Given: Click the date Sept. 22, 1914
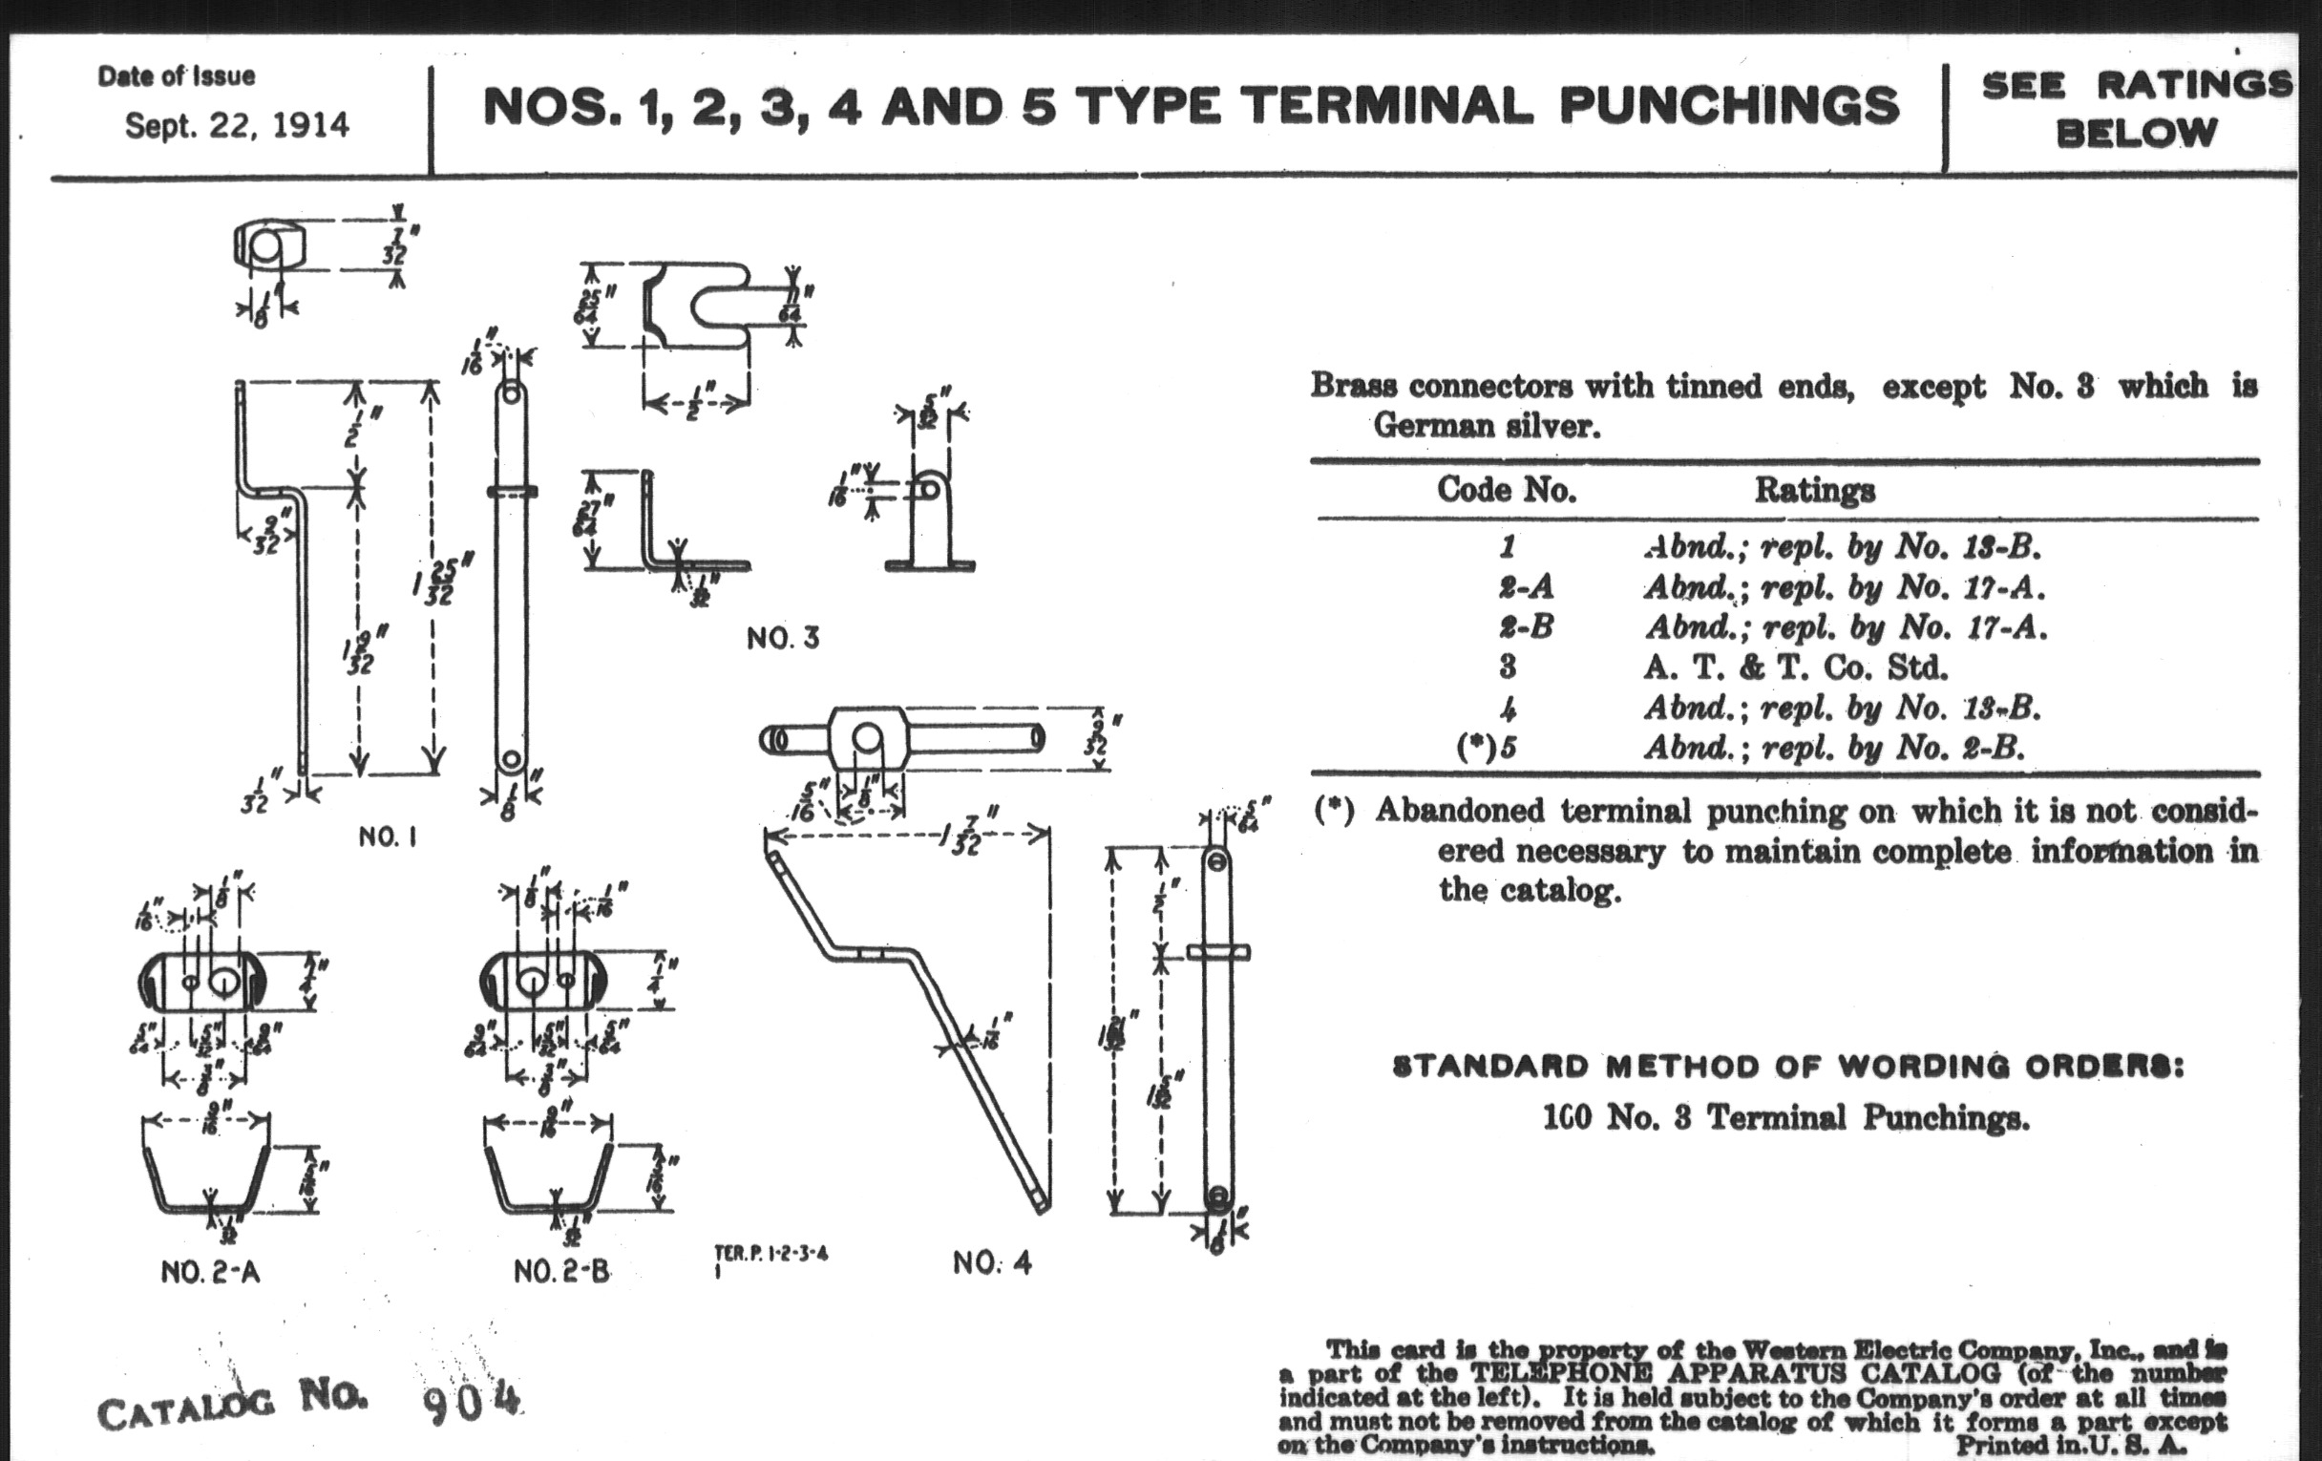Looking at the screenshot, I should pyautogui.click(x=237, y=126).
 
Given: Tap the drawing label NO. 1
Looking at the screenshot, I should pyautogui.click(x=388, y=836).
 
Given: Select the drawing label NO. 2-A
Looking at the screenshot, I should pyautogui.click(x=210, y=1272).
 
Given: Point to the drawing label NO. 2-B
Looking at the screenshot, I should pyautogui.click(x=561, y=1272).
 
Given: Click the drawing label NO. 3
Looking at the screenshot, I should pyautogui.click(x=782, y=639).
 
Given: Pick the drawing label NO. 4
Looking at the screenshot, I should pyautogui.click(x=992, y=1262).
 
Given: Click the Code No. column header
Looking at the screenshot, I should pyautogui.click(x=1507, y=490).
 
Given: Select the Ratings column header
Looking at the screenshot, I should pyautogui.click(x=1814, y=490).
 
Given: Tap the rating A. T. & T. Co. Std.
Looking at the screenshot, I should pyautogui.click(x=1796, y=667).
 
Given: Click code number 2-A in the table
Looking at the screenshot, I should pyautogui.click(x=1526, y=586).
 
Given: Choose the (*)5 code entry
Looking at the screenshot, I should pyautogui.click(x=1486, y=748).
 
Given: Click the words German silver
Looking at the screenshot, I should pyautogui.click(x=1486, y=425).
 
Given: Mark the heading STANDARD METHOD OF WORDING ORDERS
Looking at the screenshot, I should pyautogui.click(x=1787, y=1067).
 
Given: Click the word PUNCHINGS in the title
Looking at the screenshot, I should pyautogui.click(x=1729, y=106).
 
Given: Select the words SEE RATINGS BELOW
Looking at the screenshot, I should pyautogui.click(x=2136, y=108).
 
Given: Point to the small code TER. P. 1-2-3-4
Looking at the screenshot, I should pyautogui.click(x=770, y=1255).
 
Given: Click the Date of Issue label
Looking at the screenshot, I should pyautogui.click(x=177, y=76).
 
